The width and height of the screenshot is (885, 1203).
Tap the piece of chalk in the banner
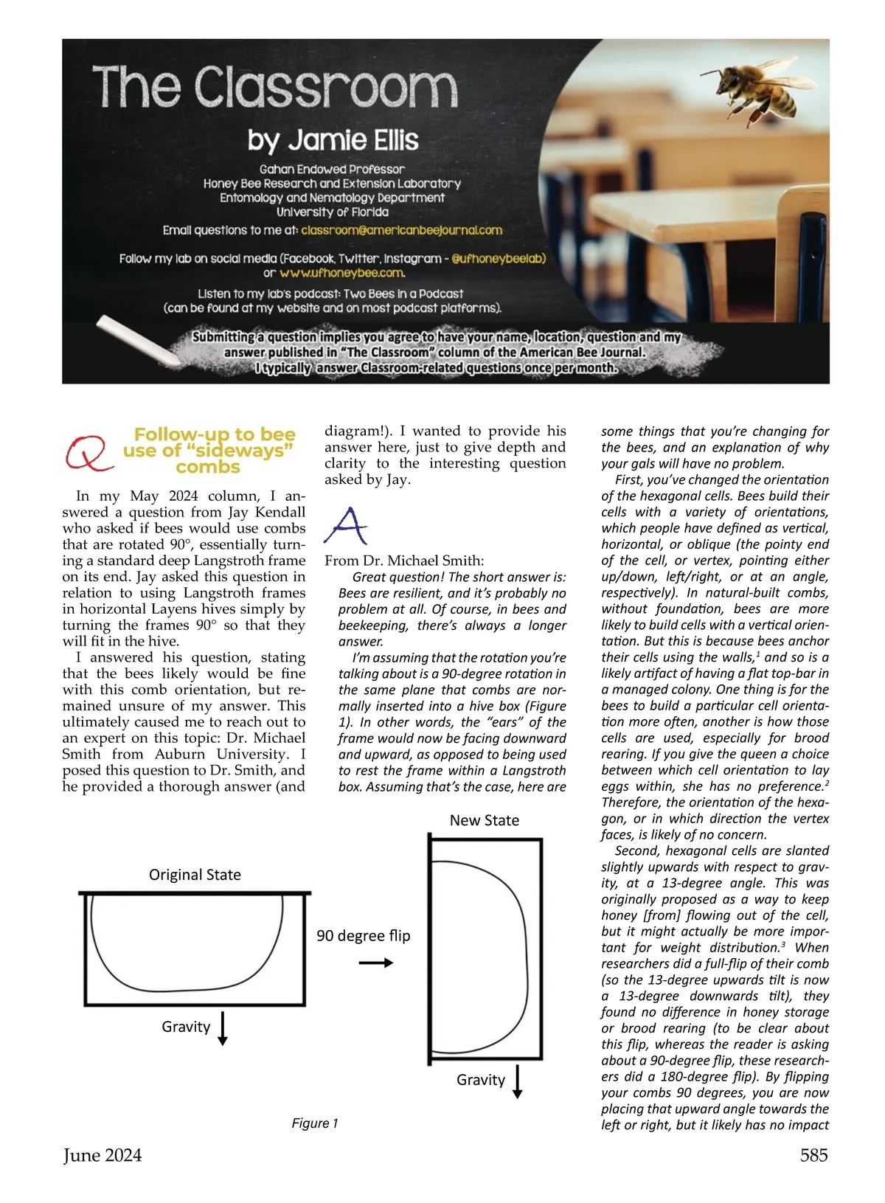pos(139,341)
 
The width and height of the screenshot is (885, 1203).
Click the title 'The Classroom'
pos(274,87)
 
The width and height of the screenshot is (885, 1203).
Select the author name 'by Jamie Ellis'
pos(333,140)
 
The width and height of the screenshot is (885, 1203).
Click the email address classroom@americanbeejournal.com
pos(401,230)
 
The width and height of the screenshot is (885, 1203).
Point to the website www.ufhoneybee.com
pos(342,273)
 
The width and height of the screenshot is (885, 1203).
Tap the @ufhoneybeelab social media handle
pos(498,259)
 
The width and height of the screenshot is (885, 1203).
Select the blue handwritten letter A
pos(345,524)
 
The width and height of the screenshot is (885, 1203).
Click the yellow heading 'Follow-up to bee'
pos(214,434)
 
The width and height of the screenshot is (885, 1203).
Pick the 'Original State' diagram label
pos(195,875)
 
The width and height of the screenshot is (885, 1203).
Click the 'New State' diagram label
pos(484,820)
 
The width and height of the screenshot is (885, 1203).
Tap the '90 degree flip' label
pos(363,935)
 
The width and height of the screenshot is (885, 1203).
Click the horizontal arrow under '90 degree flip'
pos(375,963)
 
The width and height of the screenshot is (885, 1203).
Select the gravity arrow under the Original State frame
pos(223,1029)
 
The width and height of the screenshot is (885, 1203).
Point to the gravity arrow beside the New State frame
pos(517,1081)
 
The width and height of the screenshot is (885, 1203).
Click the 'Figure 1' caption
pos(314,1123)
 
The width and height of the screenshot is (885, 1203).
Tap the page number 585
pos(813,1155)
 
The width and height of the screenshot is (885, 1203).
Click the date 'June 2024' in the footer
pos(102,1155)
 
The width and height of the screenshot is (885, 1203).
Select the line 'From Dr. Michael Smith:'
pos(404,561)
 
